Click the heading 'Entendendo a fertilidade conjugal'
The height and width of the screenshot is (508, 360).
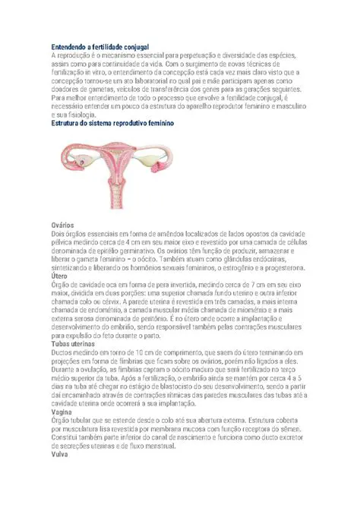click(x=99, y=47)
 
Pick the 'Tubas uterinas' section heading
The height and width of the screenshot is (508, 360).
click(x=73, y=344)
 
